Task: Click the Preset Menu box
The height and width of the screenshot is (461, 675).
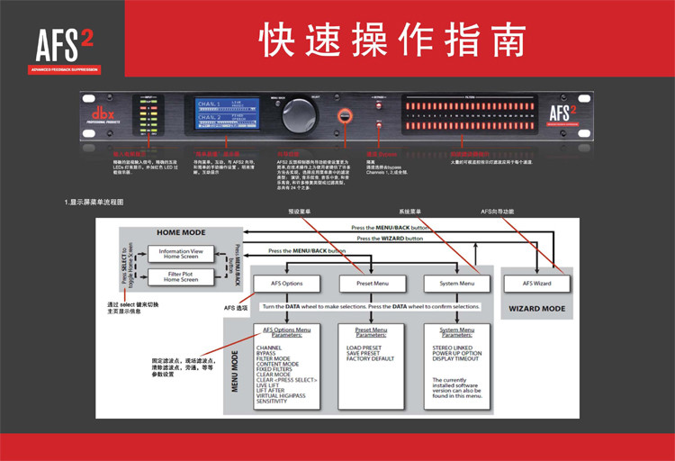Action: point(364,284)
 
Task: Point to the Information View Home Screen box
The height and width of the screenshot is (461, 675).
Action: point(181,254)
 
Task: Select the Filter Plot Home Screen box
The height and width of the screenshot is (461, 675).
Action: point(181,276)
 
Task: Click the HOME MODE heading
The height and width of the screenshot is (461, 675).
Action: point(181,232)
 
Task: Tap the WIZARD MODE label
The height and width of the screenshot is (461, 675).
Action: point(537,308)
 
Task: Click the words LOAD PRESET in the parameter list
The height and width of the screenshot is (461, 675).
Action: point(364,347)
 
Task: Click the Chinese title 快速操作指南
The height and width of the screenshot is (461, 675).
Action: point(391,39)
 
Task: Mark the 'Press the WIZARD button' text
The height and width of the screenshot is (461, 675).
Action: point(389,239)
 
